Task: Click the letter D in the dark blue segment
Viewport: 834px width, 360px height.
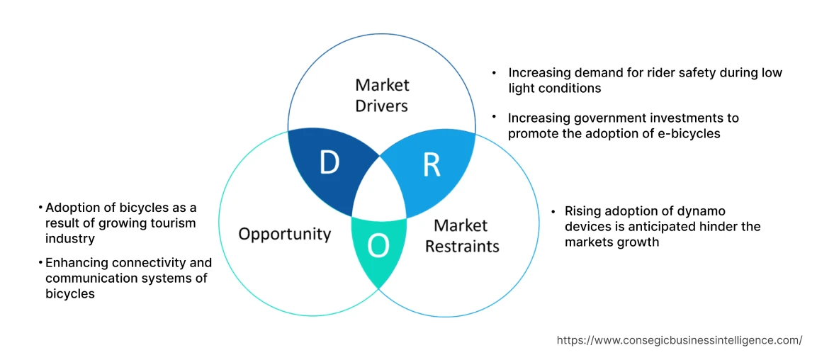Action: tap(329, 163)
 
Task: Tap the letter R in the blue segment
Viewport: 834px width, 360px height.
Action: tap(432, 164)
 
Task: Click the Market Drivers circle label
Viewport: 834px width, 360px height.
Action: tap(382, 96)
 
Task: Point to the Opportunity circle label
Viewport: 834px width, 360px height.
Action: tap(284, 234)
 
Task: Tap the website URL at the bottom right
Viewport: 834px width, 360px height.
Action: tap(679, 340)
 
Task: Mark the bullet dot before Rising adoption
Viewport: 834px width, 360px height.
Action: tap(554, 211)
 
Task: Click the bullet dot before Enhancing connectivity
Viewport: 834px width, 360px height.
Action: tap(40, 263)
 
